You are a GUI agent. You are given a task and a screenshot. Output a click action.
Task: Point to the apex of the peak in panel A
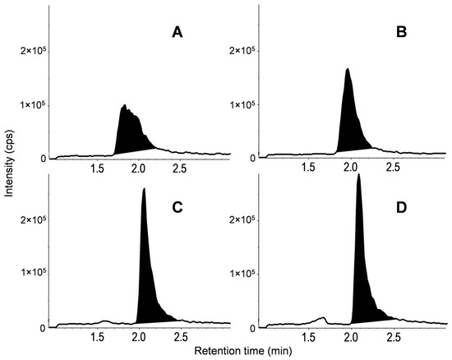(x=123, y=105)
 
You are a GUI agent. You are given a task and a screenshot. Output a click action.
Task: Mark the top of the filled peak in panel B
(x=348, y=69)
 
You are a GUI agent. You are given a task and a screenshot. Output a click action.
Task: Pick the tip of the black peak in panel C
(x=144, y=189)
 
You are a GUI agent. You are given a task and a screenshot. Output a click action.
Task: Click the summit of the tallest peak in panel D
(x=358, y=175)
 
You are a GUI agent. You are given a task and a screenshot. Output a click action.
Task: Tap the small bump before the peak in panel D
(x=324, y=317)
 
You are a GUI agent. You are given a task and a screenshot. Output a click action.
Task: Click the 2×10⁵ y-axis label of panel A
(x=30, y=51)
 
